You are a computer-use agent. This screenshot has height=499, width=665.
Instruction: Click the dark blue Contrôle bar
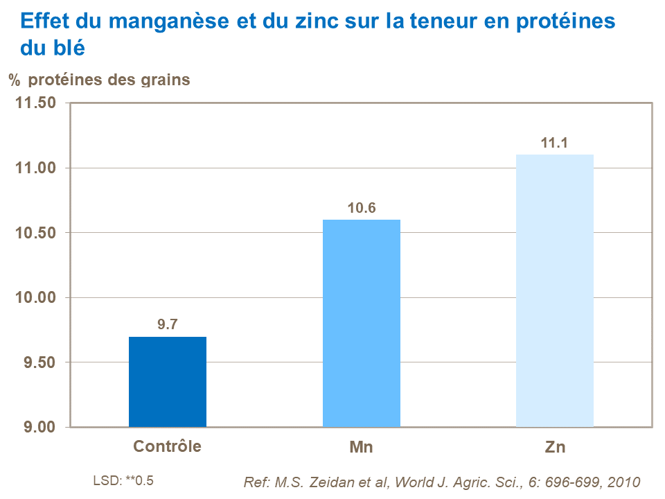(168, 381)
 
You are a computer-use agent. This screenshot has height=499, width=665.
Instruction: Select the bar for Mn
(361, 323)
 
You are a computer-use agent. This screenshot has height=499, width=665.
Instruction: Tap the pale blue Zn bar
(555, 290)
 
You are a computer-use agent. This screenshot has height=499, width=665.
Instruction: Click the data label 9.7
(168, 324)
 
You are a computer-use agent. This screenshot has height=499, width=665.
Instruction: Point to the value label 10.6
(361, 207)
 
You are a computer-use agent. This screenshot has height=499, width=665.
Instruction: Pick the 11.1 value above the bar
(555, 143)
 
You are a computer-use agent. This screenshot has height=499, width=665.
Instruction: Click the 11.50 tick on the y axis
(36, 103)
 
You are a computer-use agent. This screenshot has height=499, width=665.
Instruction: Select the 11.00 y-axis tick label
(36, 168)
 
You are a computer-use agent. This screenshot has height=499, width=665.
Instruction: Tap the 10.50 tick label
(36, 233)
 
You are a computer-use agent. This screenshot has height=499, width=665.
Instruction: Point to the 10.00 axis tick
(36, 298)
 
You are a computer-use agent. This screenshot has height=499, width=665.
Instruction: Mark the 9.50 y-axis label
(39, 362)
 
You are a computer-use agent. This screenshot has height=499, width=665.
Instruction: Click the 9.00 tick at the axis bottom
(39, 427)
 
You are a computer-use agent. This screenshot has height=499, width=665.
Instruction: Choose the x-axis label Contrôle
(168, 446)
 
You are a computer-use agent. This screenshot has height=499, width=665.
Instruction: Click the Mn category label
(361, 447)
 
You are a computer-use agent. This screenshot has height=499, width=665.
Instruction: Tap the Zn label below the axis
(555, 447)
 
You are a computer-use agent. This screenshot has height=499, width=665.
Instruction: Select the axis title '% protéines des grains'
(99, 80)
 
